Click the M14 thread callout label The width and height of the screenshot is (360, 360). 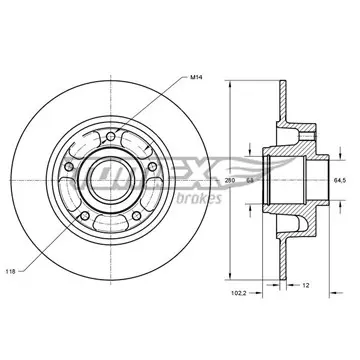pyautogui.click(x=196, y=77)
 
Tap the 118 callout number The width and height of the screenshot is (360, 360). pyautogui.click(x=10, y=271)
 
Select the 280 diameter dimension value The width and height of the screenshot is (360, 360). pyautogui.click(x=230, y=180)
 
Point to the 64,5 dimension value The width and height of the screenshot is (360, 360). pyautogui.click(x=340, y=180)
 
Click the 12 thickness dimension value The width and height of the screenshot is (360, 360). pyautogui.click(x=306, y=285)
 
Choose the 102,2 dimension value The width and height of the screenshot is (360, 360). pyautogui.click(x=237, y=293)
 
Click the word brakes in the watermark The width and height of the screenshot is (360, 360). pyautogui.click(x=199, y=198)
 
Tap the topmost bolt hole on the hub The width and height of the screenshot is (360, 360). pyautogui.click(x=110, y=136)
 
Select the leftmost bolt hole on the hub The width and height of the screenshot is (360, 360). pyautogui.click(x=69, y=167)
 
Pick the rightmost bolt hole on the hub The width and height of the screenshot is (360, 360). pyautogui.click(x=152, y=167)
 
